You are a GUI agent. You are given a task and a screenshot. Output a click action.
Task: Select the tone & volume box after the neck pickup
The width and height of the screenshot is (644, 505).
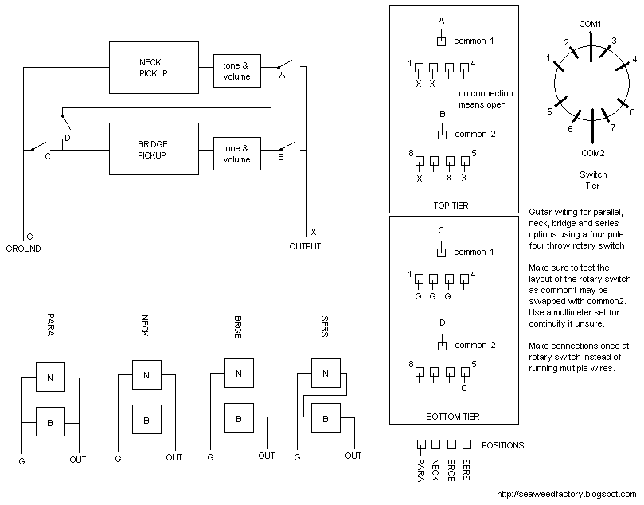click(236, 70)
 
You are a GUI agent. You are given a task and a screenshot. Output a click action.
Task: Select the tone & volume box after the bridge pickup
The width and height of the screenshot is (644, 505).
click(236, 153)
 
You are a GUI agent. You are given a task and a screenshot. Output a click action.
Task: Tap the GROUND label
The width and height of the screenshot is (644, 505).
click(23, 249)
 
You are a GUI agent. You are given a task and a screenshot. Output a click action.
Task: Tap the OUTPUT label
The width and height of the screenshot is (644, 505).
click(305, 246)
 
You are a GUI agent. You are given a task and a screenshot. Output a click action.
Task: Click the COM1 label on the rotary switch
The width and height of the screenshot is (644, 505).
click(590, 24)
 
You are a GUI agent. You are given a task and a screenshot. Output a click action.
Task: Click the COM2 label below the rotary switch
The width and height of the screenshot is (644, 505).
click(593, 151)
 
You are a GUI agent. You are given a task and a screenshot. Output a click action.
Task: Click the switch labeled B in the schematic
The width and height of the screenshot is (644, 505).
click(286, 147)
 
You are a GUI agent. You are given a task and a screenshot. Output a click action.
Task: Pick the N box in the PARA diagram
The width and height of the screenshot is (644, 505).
click(50, 379)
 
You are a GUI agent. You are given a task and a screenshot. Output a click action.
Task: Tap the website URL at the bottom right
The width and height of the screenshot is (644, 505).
click(568, 495)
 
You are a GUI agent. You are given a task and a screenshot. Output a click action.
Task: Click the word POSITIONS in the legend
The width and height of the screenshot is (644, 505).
click(503, 445)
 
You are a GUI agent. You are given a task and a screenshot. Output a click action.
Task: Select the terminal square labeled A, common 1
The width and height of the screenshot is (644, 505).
click(442, 41)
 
